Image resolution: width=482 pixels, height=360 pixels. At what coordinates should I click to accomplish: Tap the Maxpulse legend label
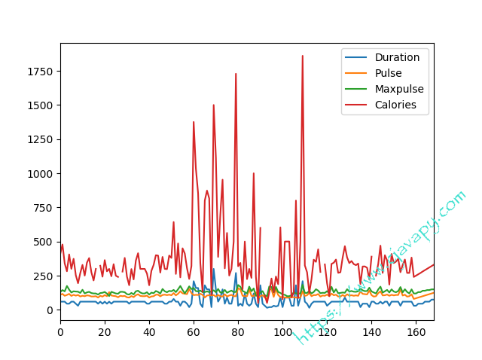(x=399, y=89)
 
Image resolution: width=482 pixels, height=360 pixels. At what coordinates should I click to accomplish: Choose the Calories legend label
(x=395, y=105)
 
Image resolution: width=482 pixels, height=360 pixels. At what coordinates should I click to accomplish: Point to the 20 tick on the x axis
(x=105, y=331)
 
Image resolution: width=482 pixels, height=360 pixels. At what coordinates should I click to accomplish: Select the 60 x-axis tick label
(x=194, y=331)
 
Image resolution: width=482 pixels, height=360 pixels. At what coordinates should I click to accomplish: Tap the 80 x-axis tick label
(x=238, y=331)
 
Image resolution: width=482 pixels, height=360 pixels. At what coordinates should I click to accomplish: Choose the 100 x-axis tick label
(x=282, y=331)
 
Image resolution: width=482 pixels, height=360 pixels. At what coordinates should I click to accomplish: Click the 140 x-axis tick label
(x=371, y=331)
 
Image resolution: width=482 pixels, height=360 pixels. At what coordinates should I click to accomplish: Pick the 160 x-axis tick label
(x=416, y=331)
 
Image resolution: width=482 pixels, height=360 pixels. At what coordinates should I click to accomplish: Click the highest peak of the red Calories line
(x=303, y=56)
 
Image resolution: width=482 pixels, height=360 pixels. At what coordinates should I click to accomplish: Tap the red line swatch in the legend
(x=356, y=105)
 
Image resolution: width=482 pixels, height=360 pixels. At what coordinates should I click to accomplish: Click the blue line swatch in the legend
(x=356, y=57)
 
